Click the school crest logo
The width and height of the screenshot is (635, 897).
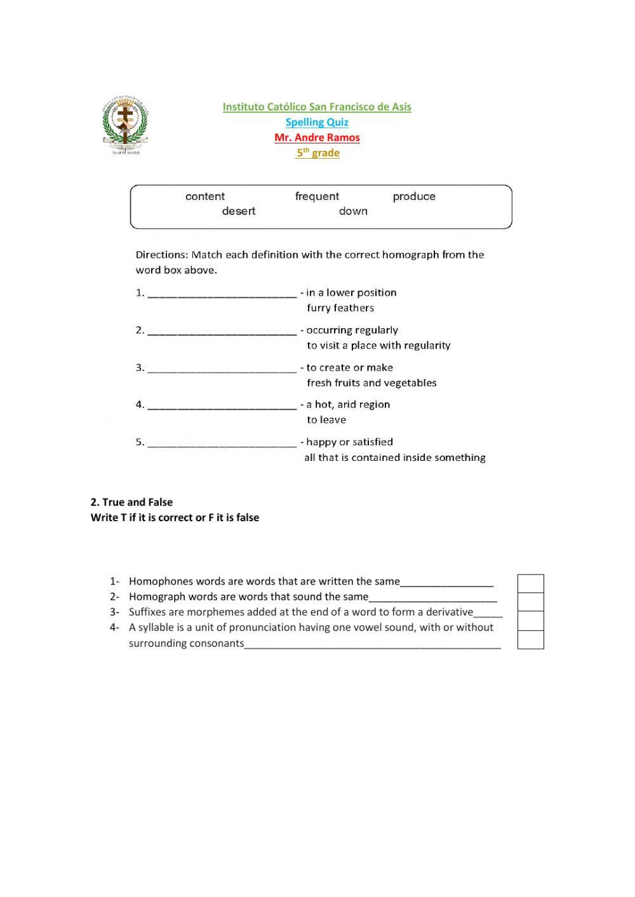click(125, 126)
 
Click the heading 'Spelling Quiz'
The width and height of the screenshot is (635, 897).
click(317, 123)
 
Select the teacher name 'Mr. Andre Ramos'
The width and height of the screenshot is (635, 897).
click(317, 138)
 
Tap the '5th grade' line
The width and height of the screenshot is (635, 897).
click(317, 153)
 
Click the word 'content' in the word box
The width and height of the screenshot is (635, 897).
click(204, 197)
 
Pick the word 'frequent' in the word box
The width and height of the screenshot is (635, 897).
click(317, 197)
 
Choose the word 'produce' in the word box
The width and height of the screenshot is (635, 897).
click(414, 197)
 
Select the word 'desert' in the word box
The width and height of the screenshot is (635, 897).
click(239, 211)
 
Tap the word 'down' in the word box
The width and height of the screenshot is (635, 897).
click(353, 211)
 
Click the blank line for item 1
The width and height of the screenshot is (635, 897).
click(222, 294)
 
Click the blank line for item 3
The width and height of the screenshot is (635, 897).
click(222, 369)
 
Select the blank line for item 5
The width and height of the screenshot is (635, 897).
click(222, 443)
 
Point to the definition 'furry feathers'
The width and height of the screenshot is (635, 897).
click(340, 309)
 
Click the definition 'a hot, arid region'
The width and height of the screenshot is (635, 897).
click(348, 405)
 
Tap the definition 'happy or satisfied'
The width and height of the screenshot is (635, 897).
click(349, 442)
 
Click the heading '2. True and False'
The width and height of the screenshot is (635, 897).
click(131, 502)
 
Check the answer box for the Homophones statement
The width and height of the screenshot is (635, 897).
click(530, 583)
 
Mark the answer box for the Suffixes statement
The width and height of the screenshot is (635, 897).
click(530, 620)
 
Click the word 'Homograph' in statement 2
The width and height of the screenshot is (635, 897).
click(155, 597)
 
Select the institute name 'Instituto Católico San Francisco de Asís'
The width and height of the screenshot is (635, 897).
click(317, 107)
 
